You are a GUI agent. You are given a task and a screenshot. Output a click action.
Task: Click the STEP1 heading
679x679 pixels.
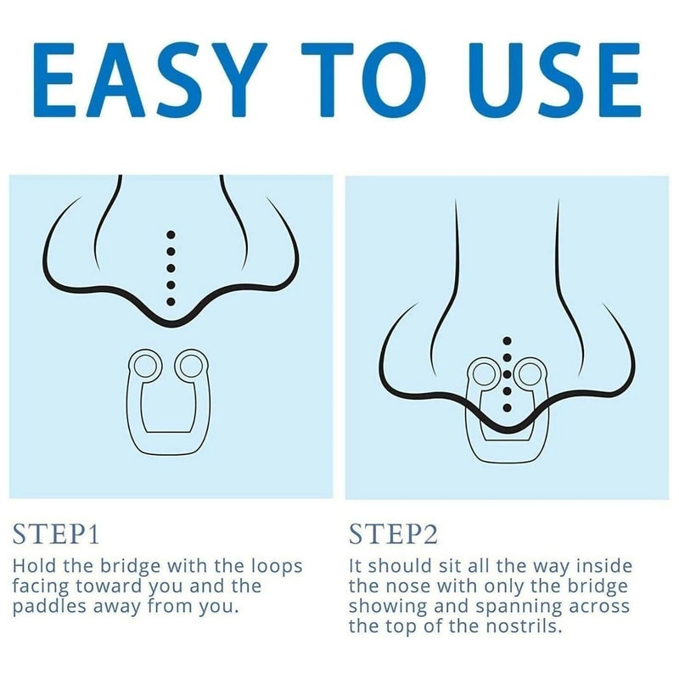[x=56, y=534]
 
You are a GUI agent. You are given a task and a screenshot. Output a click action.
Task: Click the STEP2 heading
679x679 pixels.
[x=393, y=534]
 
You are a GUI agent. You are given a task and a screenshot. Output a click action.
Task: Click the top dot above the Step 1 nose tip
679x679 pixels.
[x=171, y=235]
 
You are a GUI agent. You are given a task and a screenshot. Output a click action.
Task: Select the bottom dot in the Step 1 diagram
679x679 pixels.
[x=171, y=301]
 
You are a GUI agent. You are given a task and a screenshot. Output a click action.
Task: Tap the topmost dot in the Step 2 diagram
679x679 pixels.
[x=508, y=341]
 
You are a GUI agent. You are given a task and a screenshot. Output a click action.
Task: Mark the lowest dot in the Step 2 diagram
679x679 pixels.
[x=508, y=407]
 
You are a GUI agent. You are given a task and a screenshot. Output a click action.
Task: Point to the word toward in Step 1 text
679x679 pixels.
[x=110, y=586]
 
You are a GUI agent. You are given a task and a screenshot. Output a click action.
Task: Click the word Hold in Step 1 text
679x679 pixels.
[x=35, y=566]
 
